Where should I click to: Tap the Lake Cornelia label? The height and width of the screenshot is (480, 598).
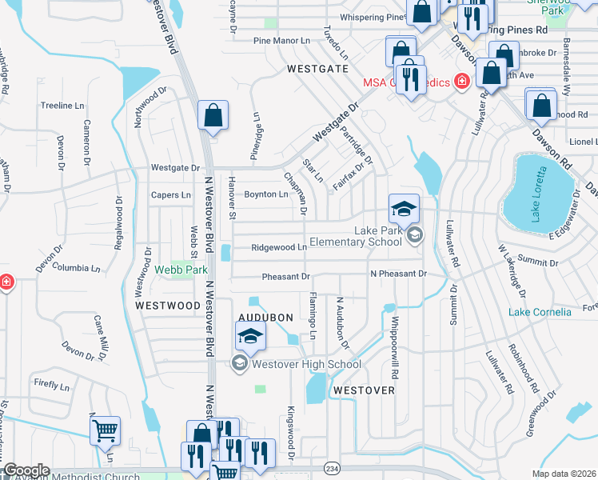click(x=540, y=312)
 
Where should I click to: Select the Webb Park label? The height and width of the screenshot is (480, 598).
click(x=181, y=270)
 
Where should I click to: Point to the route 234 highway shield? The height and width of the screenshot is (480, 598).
click(x=333, y=467)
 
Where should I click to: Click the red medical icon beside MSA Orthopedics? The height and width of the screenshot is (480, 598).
click(x=460, y=82)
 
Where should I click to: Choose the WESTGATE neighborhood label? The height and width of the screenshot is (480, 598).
click(x=318, y=69)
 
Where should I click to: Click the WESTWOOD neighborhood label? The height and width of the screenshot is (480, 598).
click(x=167, y=306)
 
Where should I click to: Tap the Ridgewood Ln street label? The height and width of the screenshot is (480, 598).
click(x=279, y=248)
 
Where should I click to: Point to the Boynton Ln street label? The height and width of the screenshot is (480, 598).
click(x=265, y=194)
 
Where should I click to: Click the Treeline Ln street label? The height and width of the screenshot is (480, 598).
click(x=62, y=106)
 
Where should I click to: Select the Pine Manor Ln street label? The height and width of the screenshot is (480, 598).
click(x=281, y=40)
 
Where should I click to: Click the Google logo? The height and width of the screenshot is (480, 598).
click(x=26, y=470)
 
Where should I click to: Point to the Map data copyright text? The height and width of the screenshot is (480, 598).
click(x=564, y=474)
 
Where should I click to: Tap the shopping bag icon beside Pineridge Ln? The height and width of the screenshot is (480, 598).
click(x=213, y=116)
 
